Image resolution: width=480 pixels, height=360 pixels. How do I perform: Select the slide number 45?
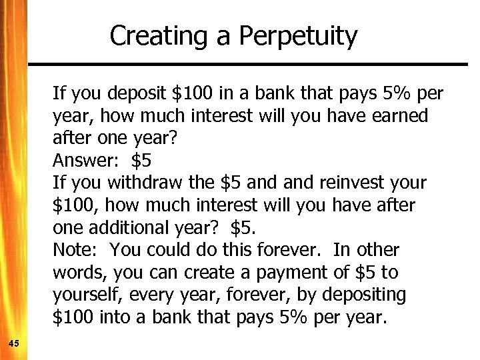[14, 343]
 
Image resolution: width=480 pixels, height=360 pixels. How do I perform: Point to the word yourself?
[82, 295]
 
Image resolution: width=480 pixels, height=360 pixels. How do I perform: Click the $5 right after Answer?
[141, 161]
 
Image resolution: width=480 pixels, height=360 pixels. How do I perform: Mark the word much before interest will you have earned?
[163, 116]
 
